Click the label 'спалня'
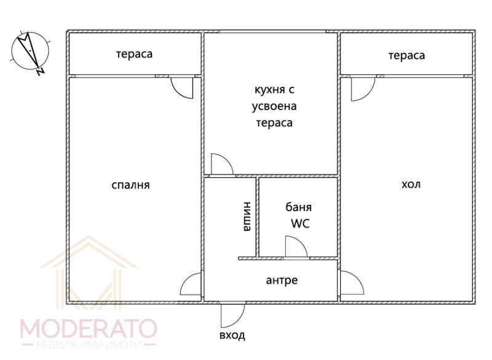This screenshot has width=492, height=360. [x=130, y=185]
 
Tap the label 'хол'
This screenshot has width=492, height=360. [x=411, y=185]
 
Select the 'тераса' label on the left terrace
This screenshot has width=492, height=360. [x=134, y=54]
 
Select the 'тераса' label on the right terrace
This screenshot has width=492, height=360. [x=407, y=55]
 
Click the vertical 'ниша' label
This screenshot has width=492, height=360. [x=247, y=217]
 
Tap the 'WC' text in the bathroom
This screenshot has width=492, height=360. [x=300, y=223]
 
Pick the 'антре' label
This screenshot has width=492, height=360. [x=282, y=281]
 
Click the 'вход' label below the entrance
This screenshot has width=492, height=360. [x=232, y=335]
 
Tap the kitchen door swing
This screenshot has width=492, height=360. [x=221, y=164]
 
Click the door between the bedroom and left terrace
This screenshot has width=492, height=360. [x=181, y=87]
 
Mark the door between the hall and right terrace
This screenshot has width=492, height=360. [x=361, y=89]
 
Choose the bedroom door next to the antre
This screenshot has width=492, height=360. [x=191, y=284]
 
